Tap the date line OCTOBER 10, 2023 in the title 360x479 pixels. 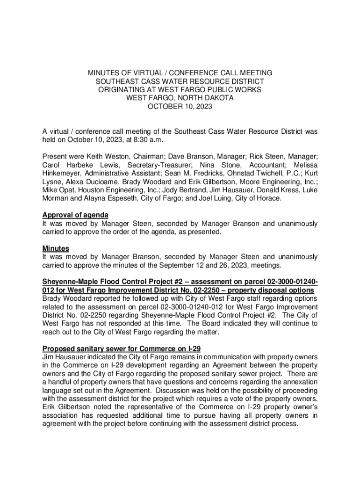(180, 107)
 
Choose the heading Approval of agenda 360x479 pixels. (75, 215)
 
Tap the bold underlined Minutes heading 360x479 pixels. (56, 248)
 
